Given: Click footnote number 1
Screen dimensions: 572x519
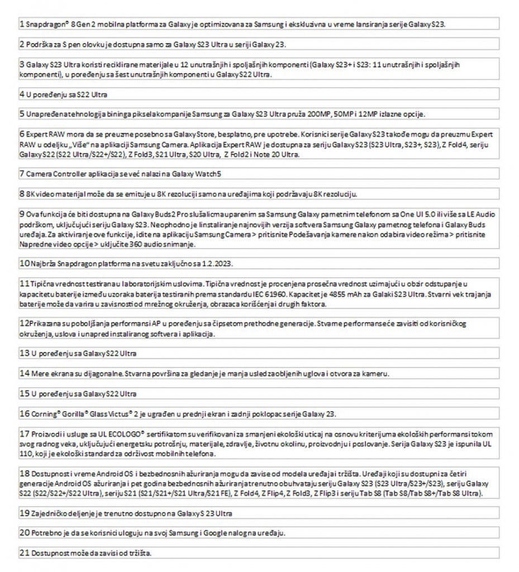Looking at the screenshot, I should [x=21, y=25].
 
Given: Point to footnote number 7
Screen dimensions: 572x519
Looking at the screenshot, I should [x=21, y=174].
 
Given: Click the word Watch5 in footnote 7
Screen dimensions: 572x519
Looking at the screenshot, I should [x=209, y=174].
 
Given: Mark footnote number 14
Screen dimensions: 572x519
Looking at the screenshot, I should [x=23, y=373].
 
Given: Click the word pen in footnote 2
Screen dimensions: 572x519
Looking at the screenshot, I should [x=76, y=45].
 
